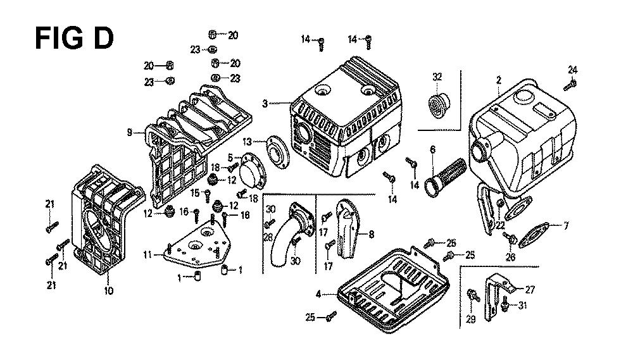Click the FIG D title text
73,37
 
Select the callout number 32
437,77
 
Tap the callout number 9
129,132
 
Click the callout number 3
265,102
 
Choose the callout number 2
499,80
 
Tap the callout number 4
319,294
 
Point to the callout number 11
147,255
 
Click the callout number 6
432,150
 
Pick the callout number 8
371,234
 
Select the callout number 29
470,320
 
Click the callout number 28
268,237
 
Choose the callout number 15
196,192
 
